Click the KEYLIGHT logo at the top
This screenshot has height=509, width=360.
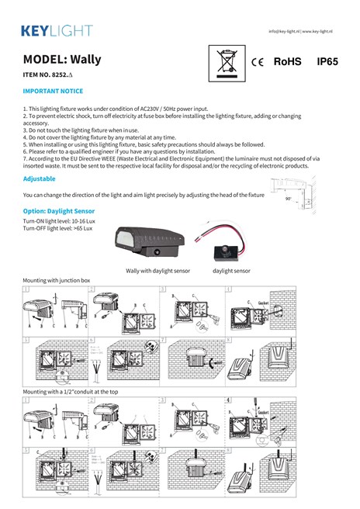pos(56,31)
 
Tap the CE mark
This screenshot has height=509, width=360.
pos(259,61)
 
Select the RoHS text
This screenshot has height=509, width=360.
pos(287,61)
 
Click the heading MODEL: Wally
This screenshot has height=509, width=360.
pos(62,59)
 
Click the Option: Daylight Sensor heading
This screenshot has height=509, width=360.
pos(59,210)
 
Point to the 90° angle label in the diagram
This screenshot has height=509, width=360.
pos(288,199)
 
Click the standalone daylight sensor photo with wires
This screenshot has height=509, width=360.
pos(227,245)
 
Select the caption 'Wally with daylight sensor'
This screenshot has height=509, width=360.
pos(158,271)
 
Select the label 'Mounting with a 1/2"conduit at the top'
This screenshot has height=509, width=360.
pos(71,393)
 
